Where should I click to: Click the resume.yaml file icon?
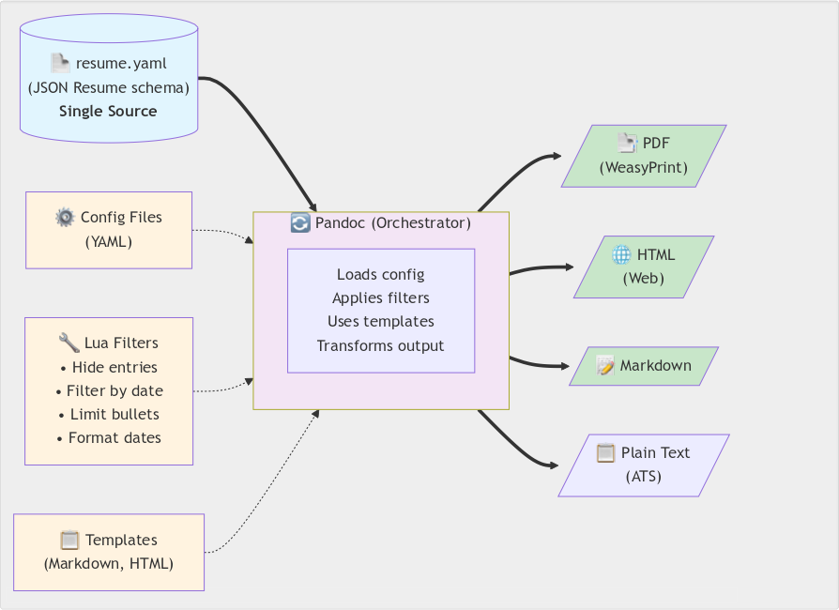(x=60, y=64)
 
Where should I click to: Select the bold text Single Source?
(x=108, y=111)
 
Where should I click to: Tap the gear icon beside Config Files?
(x=65, y=218)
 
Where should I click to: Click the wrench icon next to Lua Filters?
(x=69, y=343)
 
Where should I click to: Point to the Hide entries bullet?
(x=109, y=367)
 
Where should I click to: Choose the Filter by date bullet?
(x=109, y=390)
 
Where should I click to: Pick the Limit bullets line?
(x=109, y=414)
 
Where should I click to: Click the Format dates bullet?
(x=109, y=437)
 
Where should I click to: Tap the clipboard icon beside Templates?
(x=69, y=541)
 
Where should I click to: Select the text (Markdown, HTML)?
(x=109, y=564)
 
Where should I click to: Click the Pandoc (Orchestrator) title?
(x=381, y=223)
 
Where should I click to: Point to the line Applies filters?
(x=381, y=298)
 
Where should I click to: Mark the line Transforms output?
(x=381, y=345)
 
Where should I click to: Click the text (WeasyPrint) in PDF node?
(x=644, y=168)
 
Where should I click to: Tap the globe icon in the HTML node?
(x=621, y=255)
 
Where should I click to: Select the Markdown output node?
(x=644, y=366)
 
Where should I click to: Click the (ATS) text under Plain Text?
(x=644, y=477)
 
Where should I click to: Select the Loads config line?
(x=381, y=275)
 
